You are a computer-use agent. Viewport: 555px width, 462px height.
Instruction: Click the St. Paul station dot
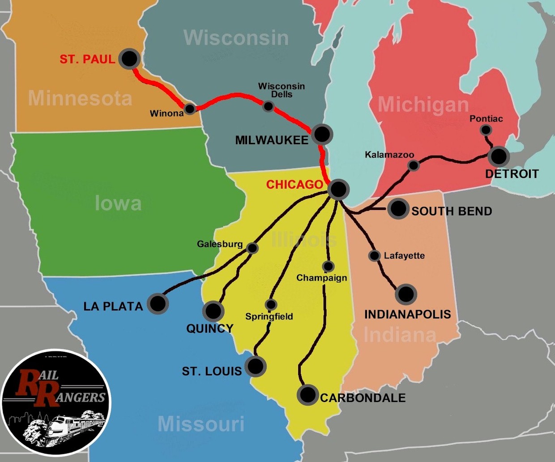pyautogui.click(x=129, y=58)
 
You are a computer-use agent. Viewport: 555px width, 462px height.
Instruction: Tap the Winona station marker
pyautogui.click(x=190, y=108)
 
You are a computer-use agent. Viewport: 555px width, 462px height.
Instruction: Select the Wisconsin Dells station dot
pyautogui.click(x=268, y=106)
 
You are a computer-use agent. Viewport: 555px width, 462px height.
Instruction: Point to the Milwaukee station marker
pyautogui.click(x=322, y=134)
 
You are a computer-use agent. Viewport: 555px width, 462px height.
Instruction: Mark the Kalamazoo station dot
pyautogui.click(x=413, y=165)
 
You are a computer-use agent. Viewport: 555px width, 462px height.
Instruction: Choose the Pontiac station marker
pyautogui.click(x=486, y=130)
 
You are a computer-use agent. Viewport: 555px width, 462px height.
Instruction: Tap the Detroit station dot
pyautogui.click(x=499, y=156)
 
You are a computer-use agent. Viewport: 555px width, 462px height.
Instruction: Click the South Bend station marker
pyautogui.click(x=398, y=208)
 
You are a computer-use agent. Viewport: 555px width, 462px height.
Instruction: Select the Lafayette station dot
pyautogui.click(x=374, y=255)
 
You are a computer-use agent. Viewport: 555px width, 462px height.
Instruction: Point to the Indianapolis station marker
pyautogui.click(x=406, y=294)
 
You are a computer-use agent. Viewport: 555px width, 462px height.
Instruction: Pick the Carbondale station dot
pyautogui.click(x=308, y=395)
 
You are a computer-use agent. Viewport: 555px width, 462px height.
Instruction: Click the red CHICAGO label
pyautogui.click(x=295, y=185)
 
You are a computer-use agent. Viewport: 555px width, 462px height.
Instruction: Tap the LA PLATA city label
pyautogui.click(x=113, y=307)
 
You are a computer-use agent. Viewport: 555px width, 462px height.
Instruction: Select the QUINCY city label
pyautogui.click(x=210, y=328)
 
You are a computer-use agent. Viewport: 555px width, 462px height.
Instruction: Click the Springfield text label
pyautogui.click(x=269, y=316)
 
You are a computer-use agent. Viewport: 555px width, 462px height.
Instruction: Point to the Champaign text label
pyautogui.click(x=321, y=278)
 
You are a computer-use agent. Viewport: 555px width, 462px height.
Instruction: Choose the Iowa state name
pyautogui.click(x=118, y=204)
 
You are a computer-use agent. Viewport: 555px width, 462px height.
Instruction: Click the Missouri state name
pyautogui.click(x=201, y=424)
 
